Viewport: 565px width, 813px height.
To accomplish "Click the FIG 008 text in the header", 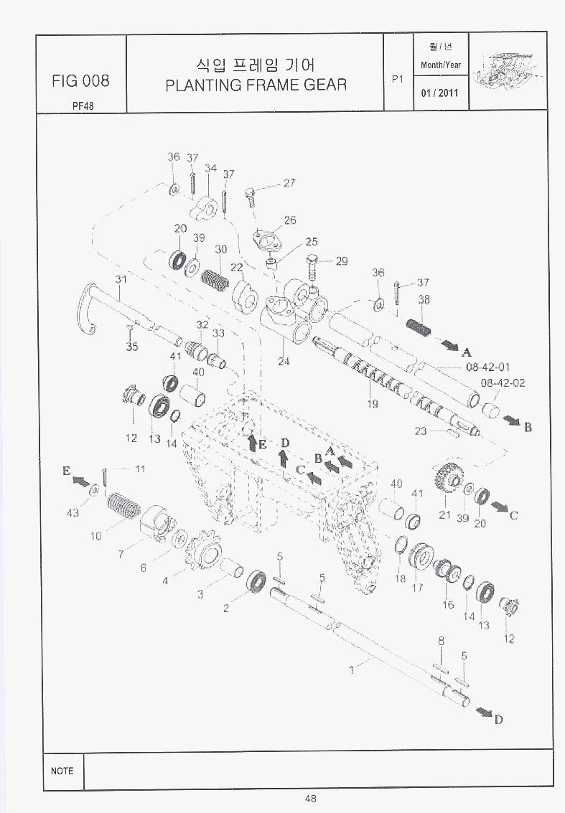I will click(80, 80).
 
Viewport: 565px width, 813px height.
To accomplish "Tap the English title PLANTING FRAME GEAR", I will click(256, 85).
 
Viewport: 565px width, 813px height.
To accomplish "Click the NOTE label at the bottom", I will click(62, 771).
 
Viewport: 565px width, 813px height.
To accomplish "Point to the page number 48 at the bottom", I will click(310, 798).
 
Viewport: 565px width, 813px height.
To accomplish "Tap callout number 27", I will click(289, 183).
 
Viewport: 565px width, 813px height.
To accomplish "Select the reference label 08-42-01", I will click(487, 367).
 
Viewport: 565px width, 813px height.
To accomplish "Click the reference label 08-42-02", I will click(503, 382).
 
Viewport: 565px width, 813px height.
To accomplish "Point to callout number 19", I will click(373, 404).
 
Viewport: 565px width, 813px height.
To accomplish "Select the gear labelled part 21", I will click(447, 476).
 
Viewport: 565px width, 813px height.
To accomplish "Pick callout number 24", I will click(284, 361).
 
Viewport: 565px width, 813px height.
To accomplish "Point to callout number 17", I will click(417, 587).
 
